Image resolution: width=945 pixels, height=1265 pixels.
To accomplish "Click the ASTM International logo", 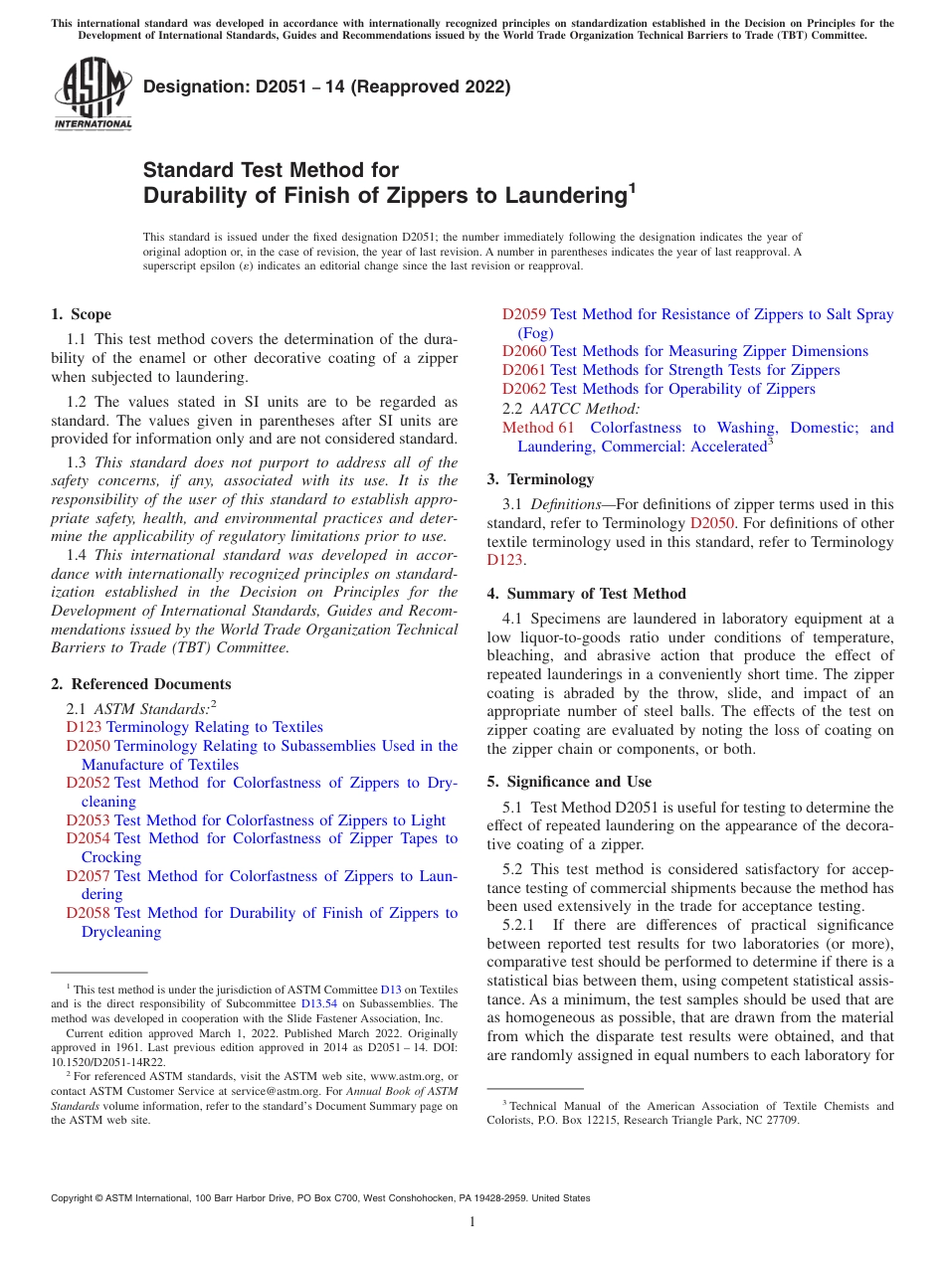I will (x=93, y=94).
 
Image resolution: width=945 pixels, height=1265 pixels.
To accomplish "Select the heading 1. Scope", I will (x=82, y=314).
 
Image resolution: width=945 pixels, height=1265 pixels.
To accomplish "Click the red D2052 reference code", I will (x=88, y=783).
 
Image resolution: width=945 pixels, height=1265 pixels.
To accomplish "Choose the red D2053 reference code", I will (x=88, y=820).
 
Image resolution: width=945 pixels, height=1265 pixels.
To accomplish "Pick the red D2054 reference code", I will (x=88, y=838).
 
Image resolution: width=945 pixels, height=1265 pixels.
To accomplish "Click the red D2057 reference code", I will (x=88, y=876).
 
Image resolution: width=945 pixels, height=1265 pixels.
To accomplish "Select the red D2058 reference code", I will (x=88, y=913).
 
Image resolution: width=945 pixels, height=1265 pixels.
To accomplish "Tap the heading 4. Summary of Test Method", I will (x=587, y=594).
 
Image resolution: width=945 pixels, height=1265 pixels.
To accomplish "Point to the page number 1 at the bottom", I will (x=472, y=1221).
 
